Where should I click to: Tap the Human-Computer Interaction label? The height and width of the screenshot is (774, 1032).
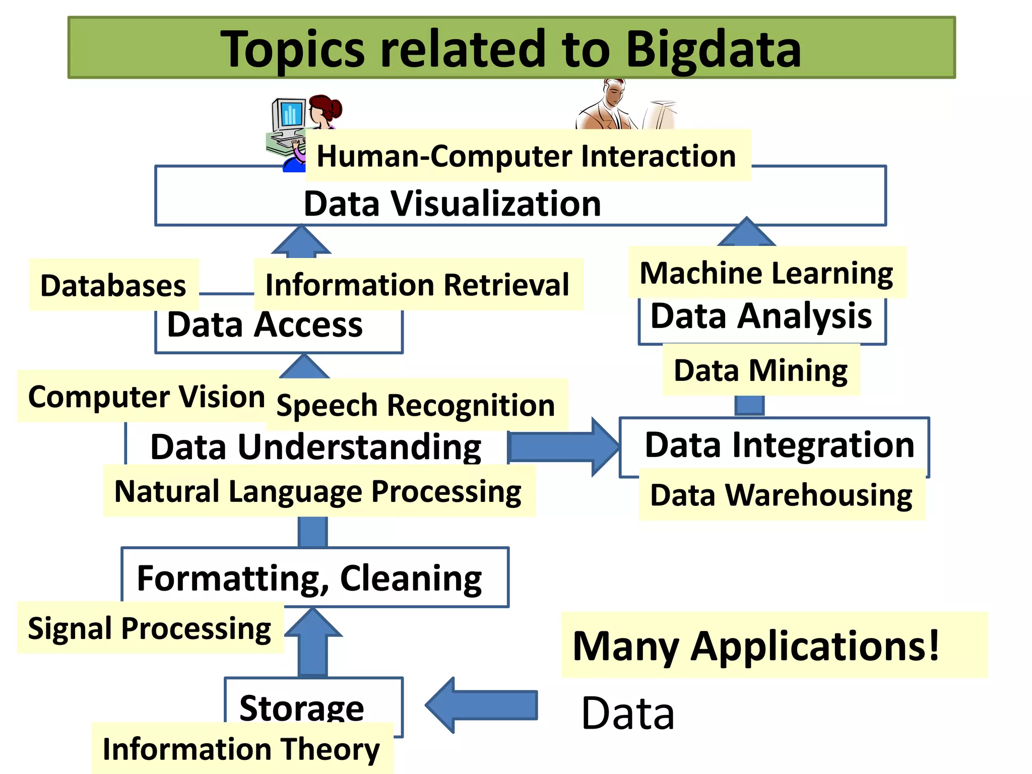pyautogui.click(x=527, y=156)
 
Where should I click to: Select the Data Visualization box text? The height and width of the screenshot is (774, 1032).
pyautogui.click(x=452, y=204)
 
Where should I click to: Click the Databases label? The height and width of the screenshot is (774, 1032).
pyautogui.click(x=113, y=285)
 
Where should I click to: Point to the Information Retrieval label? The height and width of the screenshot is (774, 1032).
pyautogui.click(x=417, y=285)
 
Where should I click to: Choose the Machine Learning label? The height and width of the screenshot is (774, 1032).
pyautogui.click(x=766, y=273)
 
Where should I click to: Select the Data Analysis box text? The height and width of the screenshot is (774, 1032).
pyautogui.click(x=761, y=316)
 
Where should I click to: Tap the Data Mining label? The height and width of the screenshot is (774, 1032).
pyautogui.click(x=760, y=370)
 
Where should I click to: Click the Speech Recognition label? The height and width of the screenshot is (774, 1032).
pyautogui.click(x=416, y=405)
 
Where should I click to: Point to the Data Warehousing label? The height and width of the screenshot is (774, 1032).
pyautogui.click(x=781, y=495)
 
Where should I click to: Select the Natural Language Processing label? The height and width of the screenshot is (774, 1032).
pyautogui.click(x=318, y=491)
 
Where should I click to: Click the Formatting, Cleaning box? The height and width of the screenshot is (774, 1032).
pyautogui.click(x=309, y=578)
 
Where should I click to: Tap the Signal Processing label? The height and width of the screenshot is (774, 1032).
pyautogui.click(x=150, y=628)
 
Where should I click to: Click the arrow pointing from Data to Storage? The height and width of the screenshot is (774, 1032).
pyautogui.click(x=481, y=705)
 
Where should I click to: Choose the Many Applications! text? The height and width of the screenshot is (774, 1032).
pyautogui.click(x=756, y=646)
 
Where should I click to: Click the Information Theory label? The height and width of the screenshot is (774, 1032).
pyautogui.click(x=241, y=749)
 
